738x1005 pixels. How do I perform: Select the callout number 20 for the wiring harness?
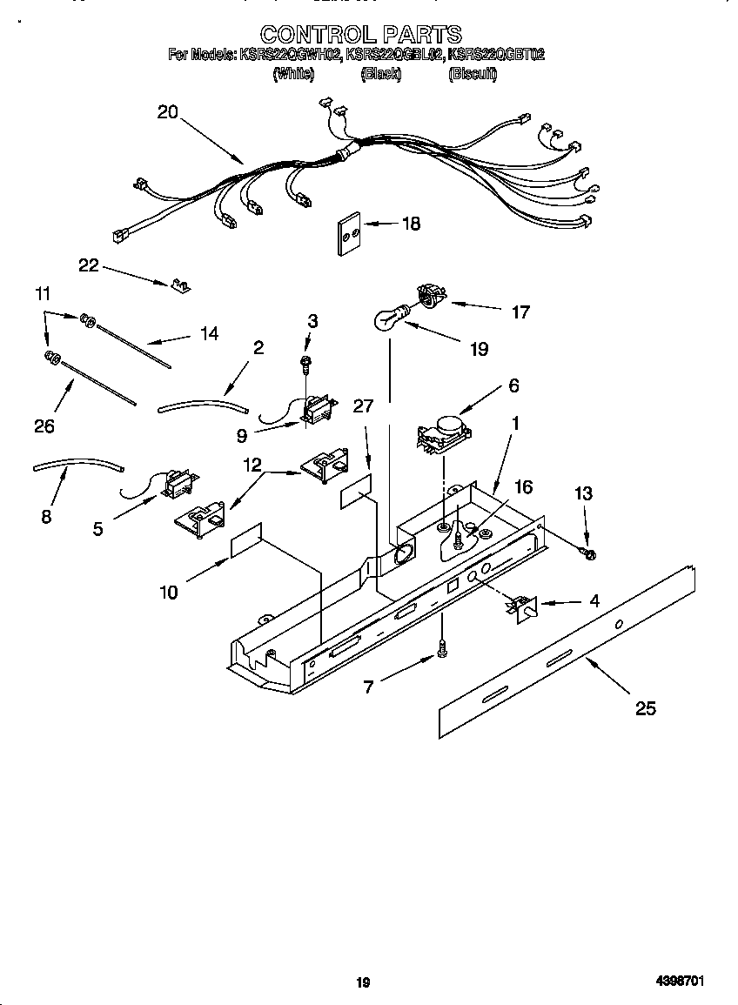[x=167, y=111]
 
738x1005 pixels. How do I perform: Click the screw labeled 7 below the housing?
[x=442, y=648]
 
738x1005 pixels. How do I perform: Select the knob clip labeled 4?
[x=523, y=607]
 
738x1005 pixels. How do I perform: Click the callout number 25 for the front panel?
[x=645, y=708]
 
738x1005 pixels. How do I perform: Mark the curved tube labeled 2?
[x=203, y=403]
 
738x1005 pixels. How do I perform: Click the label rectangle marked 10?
[x=246, y=540]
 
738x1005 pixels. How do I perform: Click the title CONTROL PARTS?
[x=360, y=34]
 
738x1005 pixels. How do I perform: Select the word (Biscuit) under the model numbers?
[x=473, y=75]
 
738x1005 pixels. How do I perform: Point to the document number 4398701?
[x=680, y=982]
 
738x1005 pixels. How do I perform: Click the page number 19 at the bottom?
[x=363, y=982]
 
